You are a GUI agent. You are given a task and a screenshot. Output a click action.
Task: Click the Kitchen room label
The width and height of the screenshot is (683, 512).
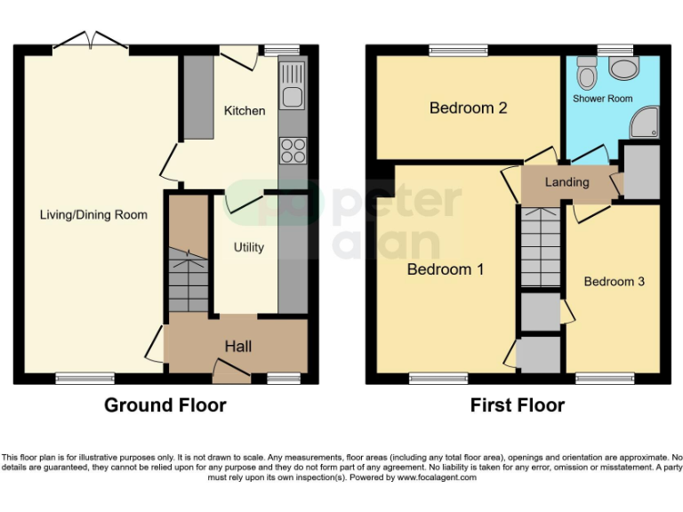pyautogui.click(x=244, y=111)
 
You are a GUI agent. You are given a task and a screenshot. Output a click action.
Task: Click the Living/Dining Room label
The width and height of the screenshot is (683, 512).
pyautogui.click(x=93, y=215)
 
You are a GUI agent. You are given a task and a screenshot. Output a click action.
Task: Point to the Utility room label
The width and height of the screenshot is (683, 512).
pyautogui.click(x=248, y=247)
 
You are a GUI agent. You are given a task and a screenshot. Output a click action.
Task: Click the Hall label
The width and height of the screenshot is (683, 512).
pyautogui.click(x=237, y=346)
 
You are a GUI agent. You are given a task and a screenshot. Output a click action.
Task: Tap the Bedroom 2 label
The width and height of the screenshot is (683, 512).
pyautogui.click(x=468, y=108)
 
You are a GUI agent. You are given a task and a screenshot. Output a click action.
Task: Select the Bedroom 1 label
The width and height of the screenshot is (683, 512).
pyautogui.click(x=445, y=268)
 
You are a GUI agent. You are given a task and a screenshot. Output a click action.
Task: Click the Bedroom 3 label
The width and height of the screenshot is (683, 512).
pyautogui.click(x=614, y=282)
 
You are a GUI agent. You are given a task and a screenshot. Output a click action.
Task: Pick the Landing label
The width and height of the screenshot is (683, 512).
pyautogui.click(x=566, y=182)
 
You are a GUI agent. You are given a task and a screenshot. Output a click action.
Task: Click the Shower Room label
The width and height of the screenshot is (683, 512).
pyautogui.click(x=602, y=99)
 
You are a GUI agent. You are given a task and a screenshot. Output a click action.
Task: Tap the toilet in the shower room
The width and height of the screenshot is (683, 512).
pyautogui.click(x=586, y=69)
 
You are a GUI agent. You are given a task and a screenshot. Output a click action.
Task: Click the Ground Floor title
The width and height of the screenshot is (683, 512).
pyautogui.click(x=165, y=405)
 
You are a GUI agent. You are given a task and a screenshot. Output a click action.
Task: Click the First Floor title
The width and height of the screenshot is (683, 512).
pyautogui.click(x=517, y=405)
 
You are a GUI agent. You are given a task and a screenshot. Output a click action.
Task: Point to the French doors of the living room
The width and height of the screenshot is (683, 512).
pyautogui.click(x=92, y=41)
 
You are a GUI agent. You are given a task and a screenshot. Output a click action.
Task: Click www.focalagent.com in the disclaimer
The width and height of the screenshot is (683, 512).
pyautogui.click(x=438, y=477)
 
